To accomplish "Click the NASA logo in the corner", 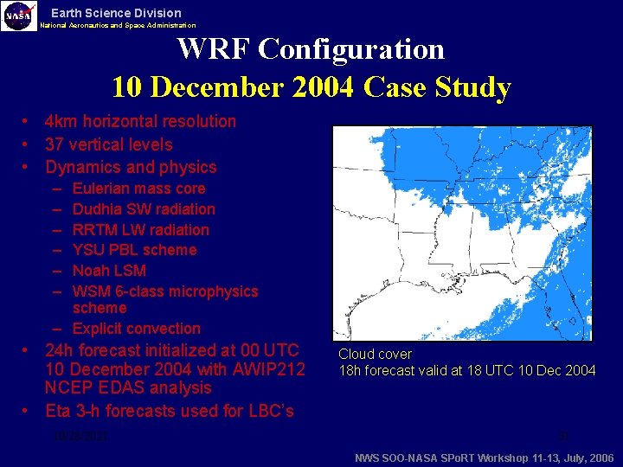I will click(19, 16).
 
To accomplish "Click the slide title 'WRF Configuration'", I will click(311, 48).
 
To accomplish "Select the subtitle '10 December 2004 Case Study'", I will click(311, 87).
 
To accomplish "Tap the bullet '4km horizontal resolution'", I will click(140, 121).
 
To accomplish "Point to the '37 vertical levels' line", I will click(108, 144).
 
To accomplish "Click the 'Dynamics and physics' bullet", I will click(131, 167).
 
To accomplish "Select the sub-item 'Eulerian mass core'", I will click(138, 189).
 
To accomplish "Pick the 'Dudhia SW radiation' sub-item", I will click(144, 209).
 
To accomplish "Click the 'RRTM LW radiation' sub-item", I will click(140, 230).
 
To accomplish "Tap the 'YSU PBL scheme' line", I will click(134, 250).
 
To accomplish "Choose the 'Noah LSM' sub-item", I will click(109, 271).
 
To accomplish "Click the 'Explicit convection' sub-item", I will click(136, 329).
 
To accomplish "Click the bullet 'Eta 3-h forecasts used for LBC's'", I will click(169, 411).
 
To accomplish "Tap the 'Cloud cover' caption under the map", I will click(375, 355).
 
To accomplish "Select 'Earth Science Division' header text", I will click(116, 13).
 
